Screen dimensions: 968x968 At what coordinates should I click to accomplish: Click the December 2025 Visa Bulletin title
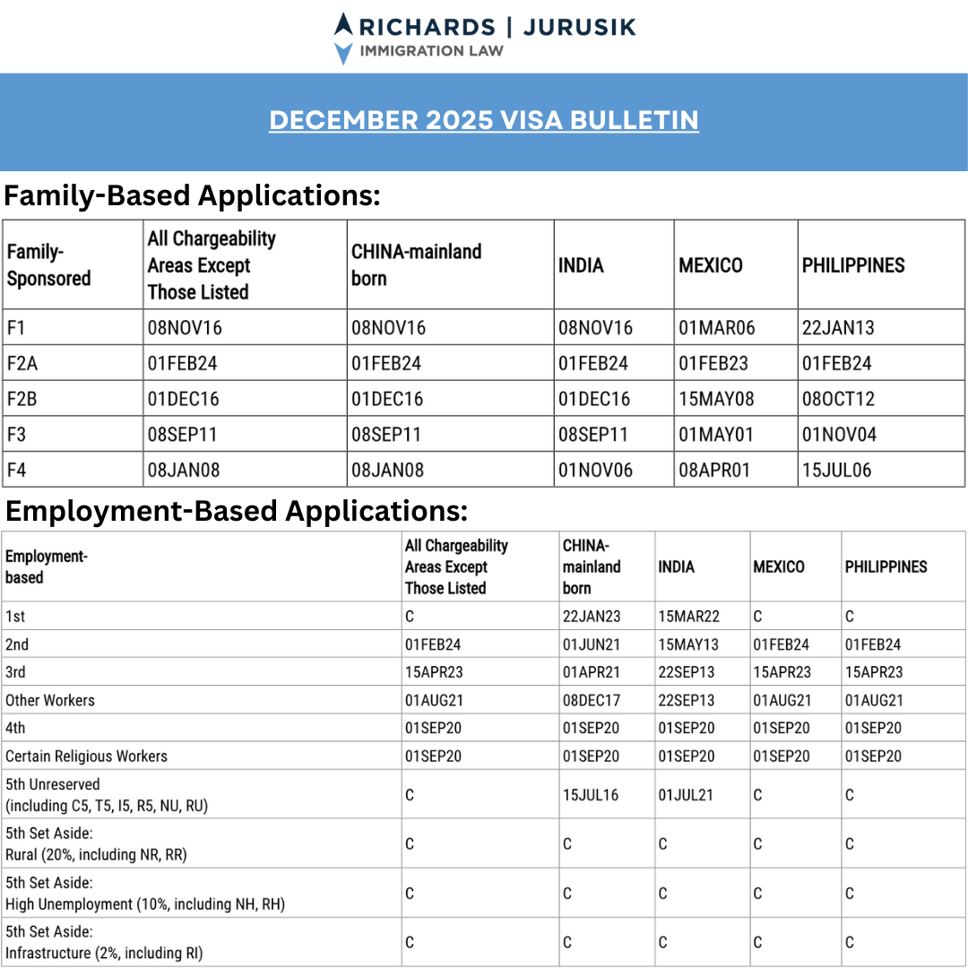click(484, 120)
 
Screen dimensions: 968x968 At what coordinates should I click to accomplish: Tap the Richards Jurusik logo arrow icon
click(343, 39)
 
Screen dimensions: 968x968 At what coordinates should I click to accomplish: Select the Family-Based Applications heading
click(192, 194)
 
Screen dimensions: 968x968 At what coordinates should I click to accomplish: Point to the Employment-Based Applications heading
click(237, 511)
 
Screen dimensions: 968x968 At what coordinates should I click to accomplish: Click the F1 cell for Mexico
click(716, 328)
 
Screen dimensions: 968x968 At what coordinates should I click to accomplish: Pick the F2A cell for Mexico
click(716, 364)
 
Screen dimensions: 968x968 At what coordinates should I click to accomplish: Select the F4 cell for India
click(595, 471)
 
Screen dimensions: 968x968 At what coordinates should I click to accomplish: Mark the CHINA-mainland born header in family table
click(416, 265)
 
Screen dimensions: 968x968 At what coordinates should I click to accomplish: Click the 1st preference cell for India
click(688, 617)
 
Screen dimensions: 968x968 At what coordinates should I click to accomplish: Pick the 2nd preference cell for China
click(592, 644)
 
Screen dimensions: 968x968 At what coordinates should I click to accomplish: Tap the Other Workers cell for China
click(592, 701)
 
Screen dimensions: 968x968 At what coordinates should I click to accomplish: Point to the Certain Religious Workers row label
click(86, 756)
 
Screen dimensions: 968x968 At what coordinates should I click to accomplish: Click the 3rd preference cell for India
click(688, 672)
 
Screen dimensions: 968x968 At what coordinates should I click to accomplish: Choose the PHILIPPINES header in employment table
click(886, 567)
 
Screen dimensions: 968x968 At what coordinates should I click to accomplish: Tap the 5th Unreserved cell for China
click(591, 795)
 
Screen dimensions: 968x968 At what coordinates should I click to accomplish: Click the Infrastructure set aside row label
click(104, 943)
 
